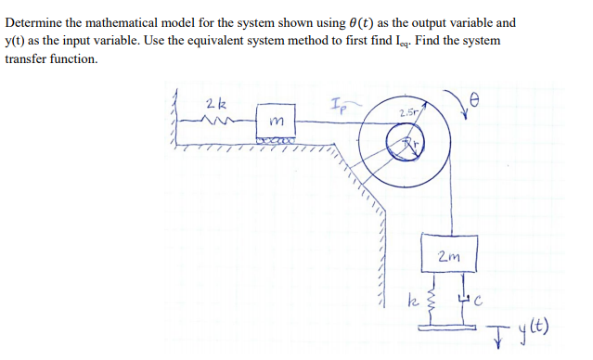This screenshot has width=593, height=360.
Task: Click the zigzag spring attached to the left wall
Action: tap(220, 121)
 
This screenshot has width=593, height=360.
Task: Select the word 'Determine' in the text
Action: tap(37, 22)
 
